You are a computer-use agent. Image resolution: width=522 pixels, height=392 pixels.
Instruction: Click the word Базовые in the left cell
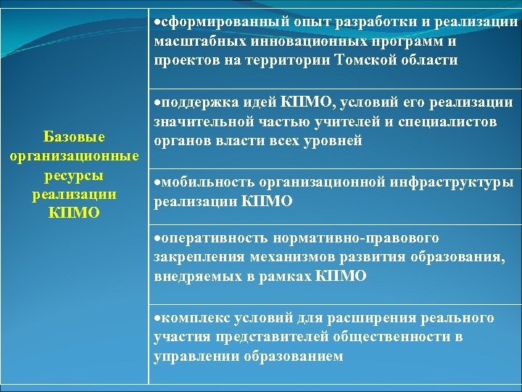tap(74, 137)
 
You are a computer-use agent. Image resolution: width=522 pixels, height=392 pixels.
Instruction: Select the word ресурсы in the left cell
tap(74, 176)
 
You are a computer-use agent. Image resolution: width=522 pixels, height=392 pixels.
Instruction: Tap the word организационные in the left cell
tap(74, 157)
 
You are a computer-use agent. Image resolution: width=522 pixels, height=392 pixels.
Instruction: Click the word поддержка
tap(196, 102)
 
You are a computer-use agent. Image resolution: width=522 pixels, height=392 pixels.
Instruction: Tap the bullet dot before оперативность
tap(157, 239)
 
